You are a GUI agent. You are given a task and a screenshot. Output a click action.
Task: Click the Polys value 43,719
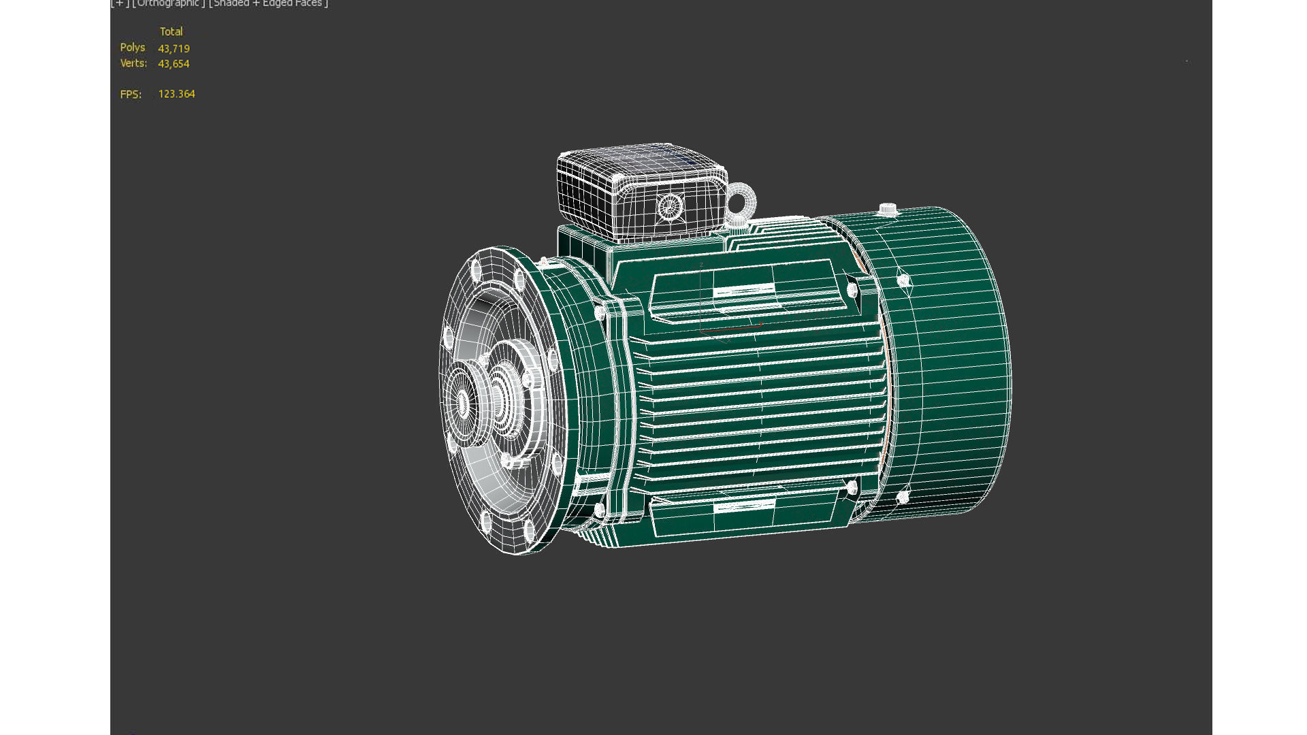[x=174, y=49]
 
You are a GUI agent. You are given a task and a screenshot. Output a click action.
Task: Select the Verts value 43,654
[x=174, y=64]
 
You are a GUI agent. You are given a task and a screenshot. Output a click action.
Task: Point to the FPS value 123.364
[x=176, y=94]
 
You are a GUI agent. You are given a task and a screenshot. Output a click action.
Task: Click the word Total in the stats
[x=171, y=32]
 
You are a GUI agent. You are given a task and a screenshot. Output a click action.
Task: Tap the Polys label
[x=132, y=48]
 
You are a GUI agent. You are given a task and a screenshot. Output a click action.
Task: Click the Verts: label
[x=133, y=63]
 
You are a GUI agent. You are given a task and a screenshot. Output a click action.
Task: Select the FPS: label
[x=131, y=95]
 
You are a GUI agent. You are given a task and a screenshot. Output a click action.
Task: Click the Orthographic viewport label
[x=168, y=4]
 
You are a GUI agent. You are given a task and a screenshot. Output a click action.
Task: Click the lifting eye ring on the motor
[x=741, y=201]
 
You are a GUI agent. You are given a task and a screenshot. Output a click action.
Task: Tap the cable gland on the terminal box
[x=670, y=206]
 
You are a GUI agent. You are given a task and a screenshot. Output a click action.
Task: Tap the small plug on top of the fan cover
[x=887, y=209]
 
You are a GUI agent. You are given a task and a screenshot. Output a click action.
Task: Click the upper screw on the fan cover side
[x=903, y=280]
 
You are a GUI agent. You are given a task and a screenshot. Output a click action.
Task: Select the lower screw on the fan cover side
[x=903, y=497]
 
